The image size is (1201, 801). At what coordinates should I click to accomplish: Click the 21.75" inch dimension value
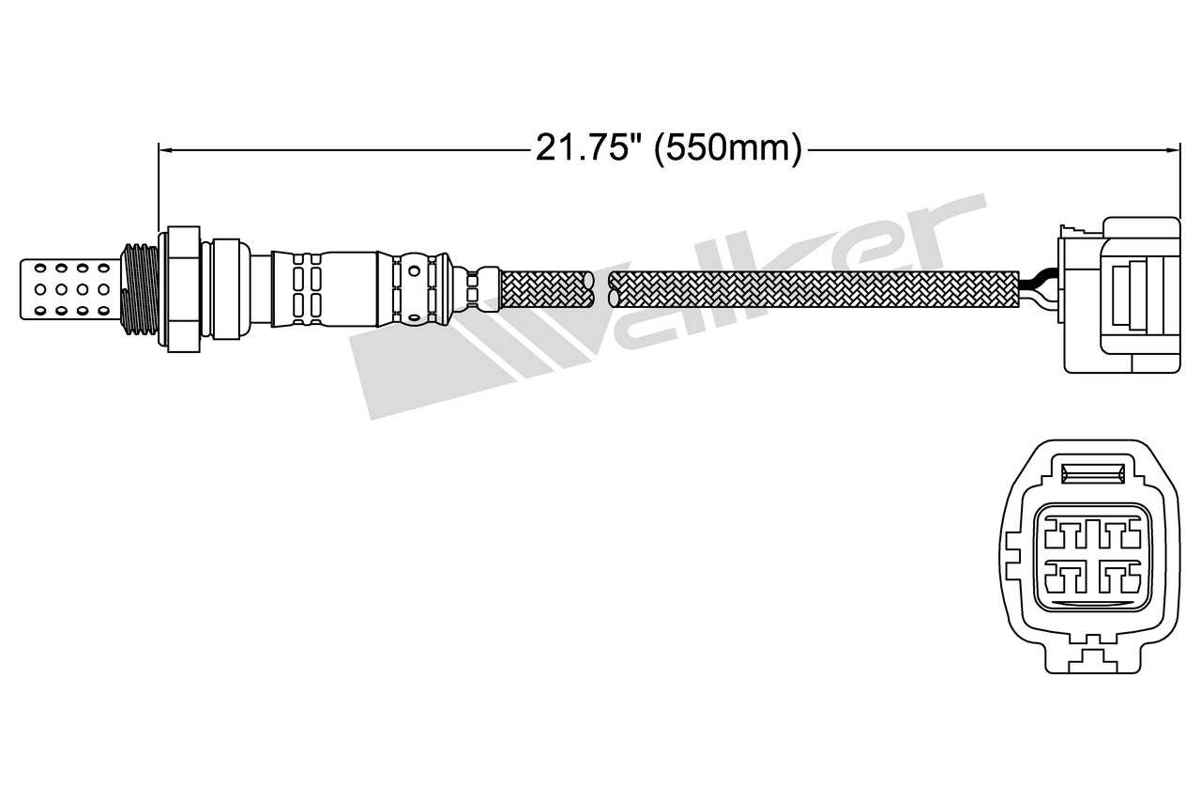(x=588, y=148)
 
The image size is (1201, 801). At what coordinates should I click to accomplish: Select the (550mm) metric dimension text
(x=728, y=148)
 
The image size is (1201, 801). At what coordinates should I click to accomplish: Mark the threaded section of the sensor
(x=140, y=288)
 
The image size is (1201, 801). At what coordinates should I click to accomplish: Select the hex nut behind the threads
(x=184, y=288)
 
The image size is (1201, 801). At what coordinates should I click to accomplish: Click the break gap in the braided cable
(x=601, y=288)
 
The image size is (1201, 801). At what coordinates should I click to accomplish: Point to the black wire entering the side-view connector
(x=1039, y=278)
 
